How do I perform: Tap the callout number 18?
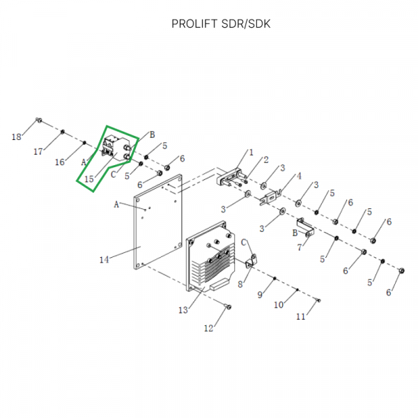pyautogui.click(x=17, y=137)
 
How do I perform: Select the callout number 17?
pyautogui.click(x=39, y=151)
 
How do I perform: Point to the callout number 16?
pyautogui.click(x=60, y=162)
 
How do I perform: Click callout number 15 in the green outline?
pyautogui.click(x=88, y=179)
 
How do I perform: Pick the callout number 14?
pyautogui.click(x=104, y=260)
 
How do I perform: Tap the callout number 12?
pyautogui.click(x=208, y=328)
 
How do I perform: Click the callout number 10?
pyautogui.click(x=279, y=305)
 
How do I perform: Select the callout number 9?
pyautogui.click(x=260, y=295)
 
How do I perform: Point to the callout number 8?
pyautogui.click(x=240, y=284)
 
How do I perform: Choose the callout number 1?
pyautogui.click(x=251, y=152)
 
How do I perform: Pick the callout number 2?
pyautogui.click(x=265, y=160)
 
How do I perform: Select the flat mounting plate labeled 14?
pyautogui.click(x=157, y=223)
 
